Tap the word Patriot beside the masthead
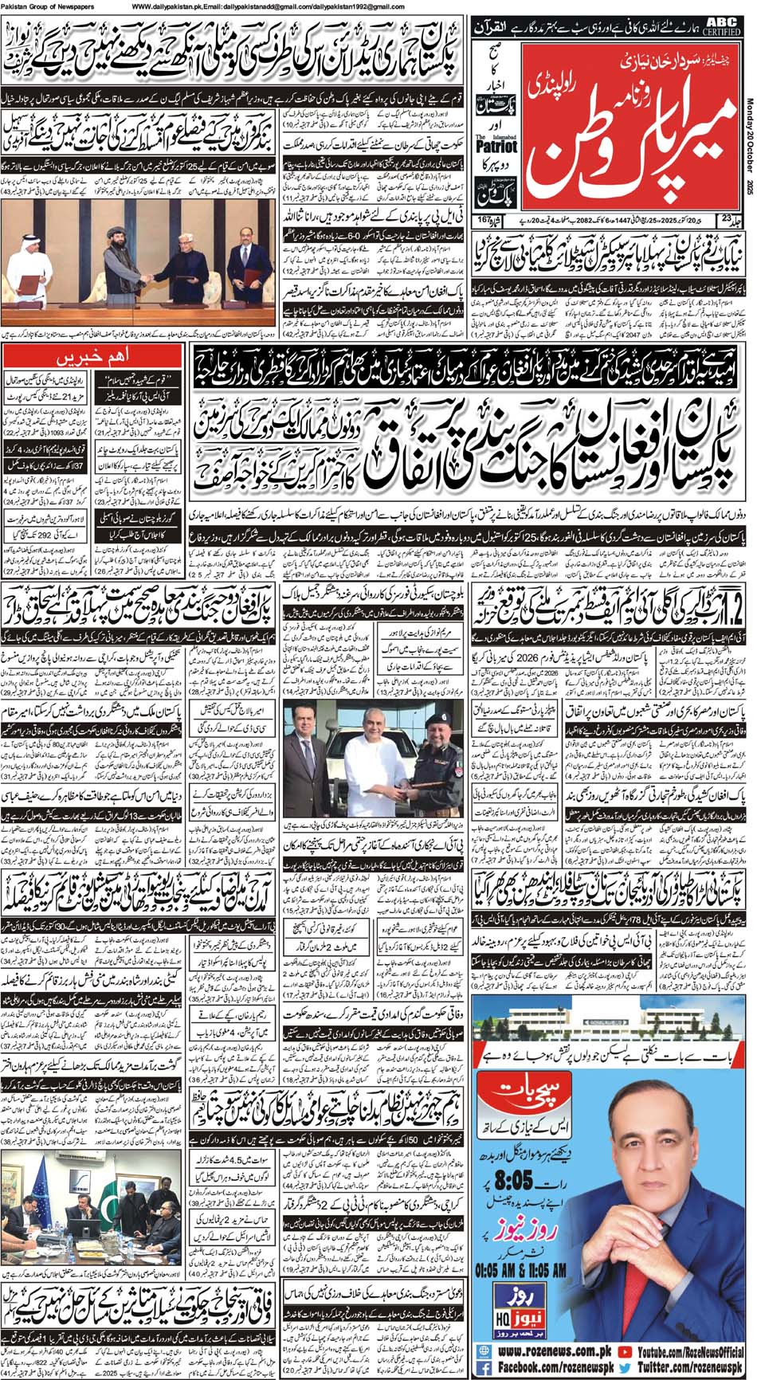496,147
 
